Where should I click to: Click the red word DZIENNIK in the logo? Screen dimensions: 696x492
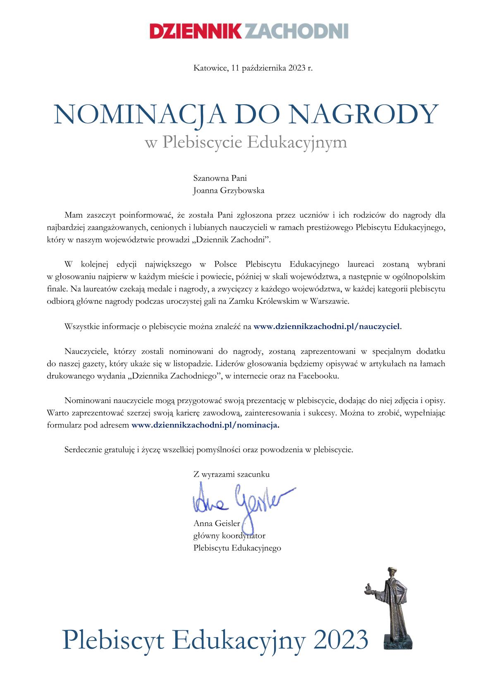tap(196, 31)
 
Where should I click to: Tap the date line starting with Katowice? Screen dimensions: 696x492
tap(253, 68)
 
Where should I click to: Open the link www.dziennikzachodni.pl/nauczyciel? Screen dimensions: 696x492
tap(327, 326)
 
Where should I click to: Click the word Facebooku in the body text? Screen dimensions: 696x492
tap(323, 376)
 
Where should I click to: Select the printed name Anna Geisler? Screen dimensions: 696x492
tap(217, 523)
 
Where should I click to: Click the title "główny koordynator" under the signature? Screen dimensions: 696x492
tap(229, 535)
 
